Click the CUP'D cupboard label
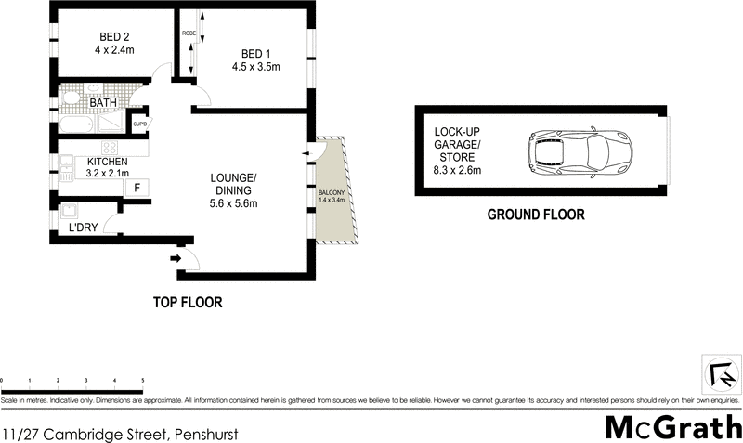click(x=141, y=124)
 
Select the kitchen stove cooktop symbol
click(x=110, y=148)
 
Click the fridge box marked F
click(x=137, y=188)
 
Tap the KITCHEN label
click(x=107, y=162)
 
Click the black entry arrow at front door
click(x=176, y=259)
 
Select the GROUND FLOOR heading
click(x=536, y=215)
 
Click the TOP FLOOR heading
click(x=188, y=303)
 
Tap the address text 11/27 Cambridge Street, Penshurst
click(x=120, y=433)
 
